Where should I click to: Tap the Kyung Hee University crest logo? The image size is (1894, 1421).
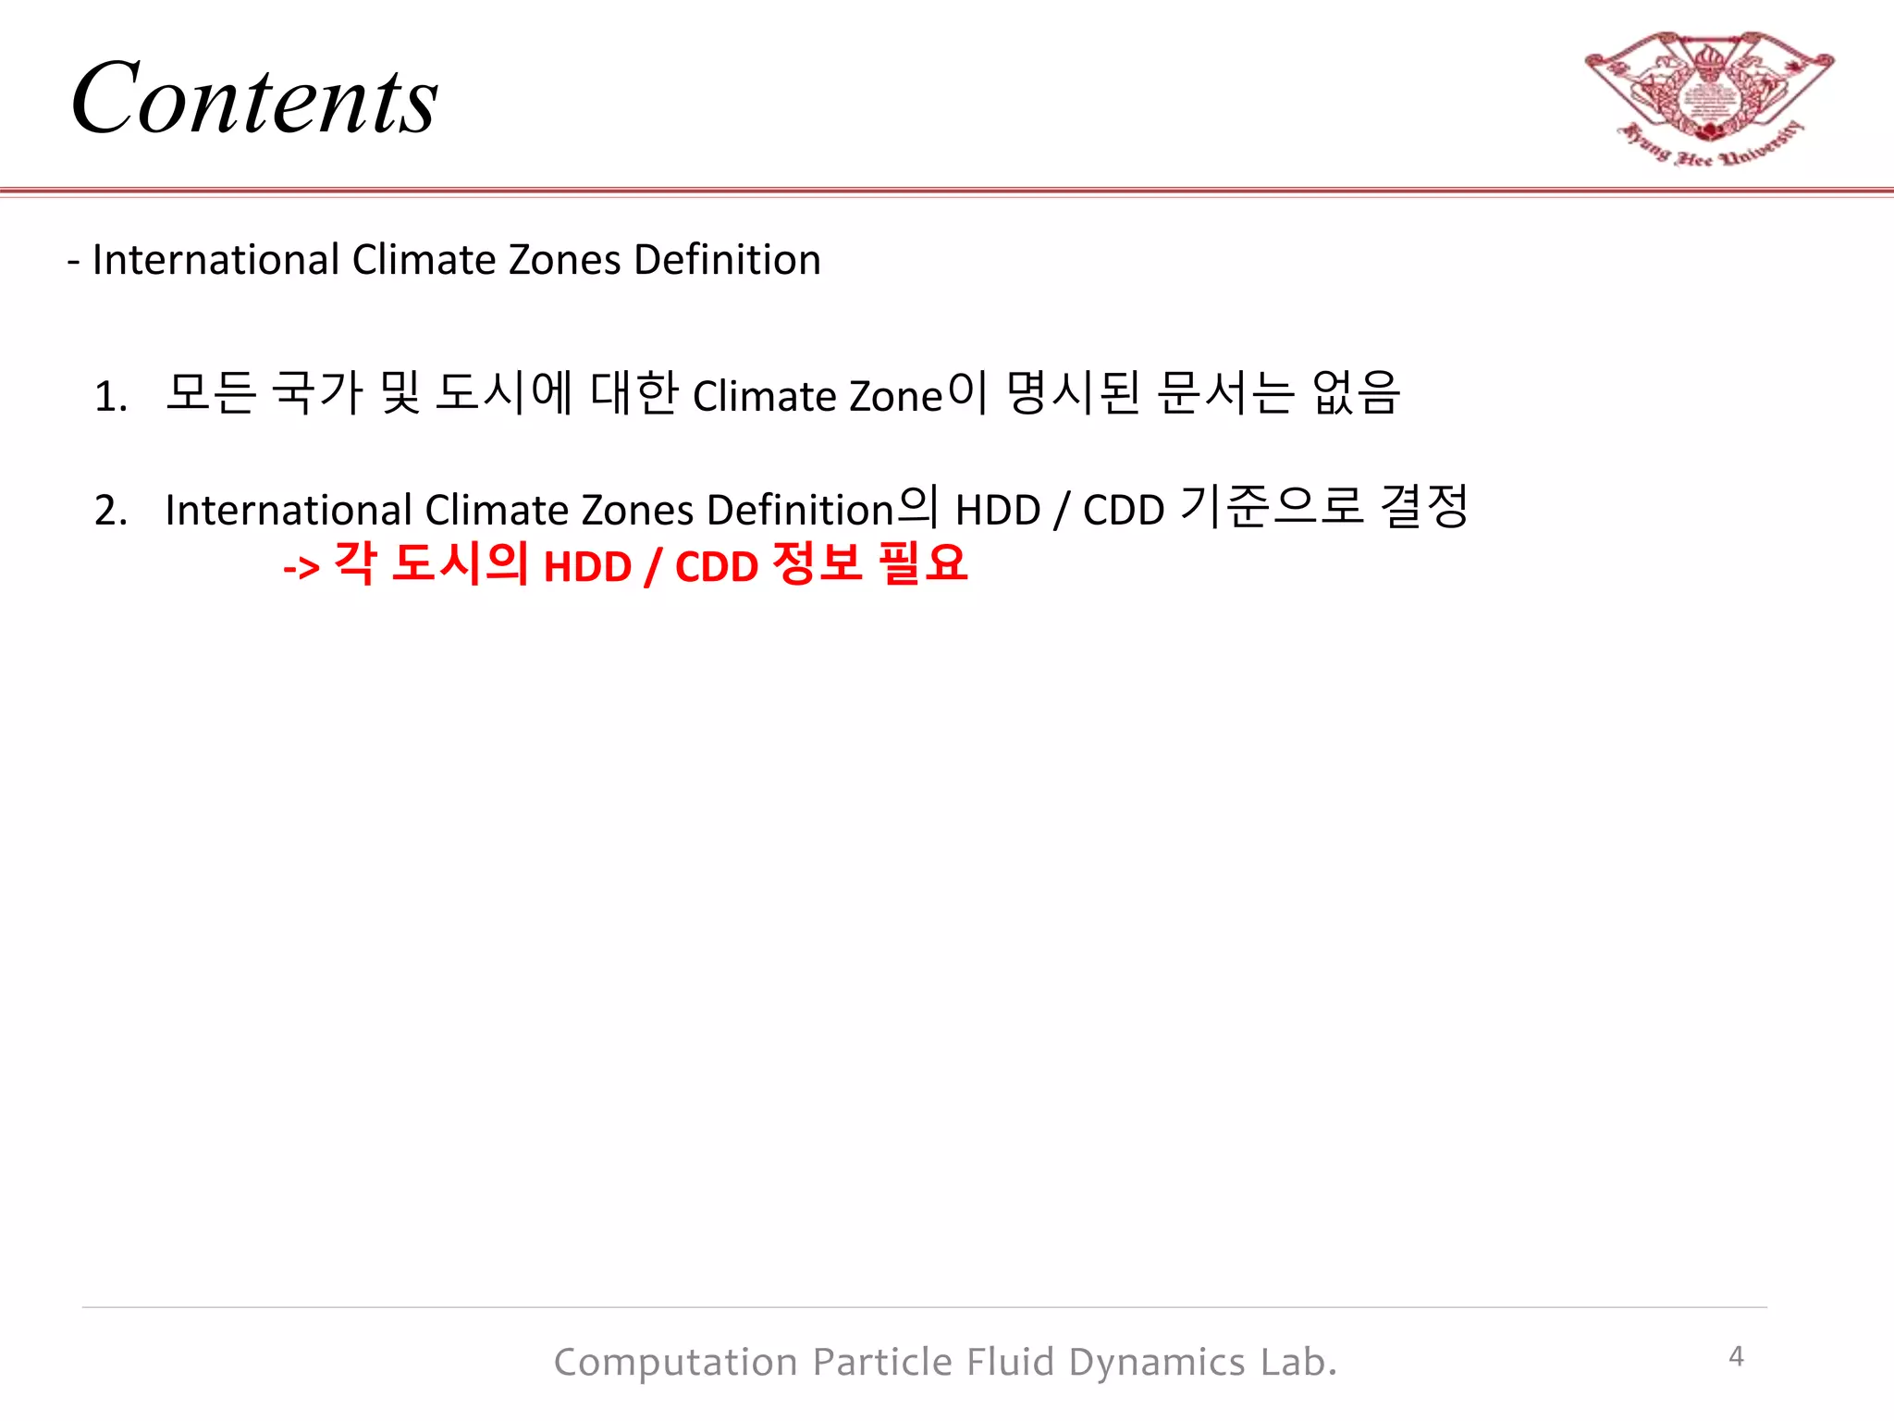(x=1709, y=97)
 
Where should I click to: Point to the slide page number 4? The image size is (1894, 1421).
(x=1736, y=1356)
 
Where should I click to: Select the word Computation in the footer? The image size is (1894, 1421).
(x=675, y=1363)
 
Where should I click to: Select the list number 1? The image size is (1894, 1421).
(x=110, y=397)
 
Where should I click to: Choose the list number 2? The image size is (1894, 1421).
(x=110, y=511)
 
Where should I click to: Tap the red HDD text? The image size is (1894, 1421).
(x=587, y=567)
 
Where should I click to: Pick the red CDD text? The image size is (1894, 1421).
(x=717, y=567)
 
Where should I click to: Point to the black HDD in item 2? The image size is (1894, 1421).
(x=998, y=511)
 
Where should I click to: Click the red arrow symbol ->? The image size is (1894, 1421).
(x=301, y=567)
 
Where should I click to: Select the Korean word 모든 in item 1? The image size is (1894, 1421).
(x=211, y=393)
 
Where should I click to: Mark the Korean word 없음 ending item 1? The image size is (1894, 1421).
(x=1356, y=393)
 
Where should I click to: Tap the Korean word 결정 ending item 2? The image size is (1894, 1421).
(x=1423, y=507)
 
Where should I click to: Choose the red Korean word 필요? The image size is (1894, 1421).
(x=922, y=563)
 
